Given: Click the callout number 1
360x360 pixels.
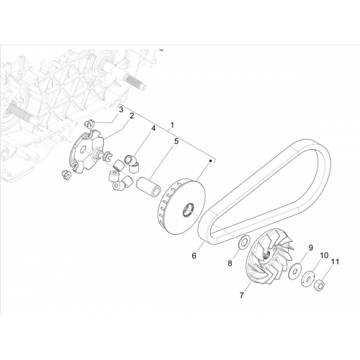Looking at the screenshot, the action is pos(172,125).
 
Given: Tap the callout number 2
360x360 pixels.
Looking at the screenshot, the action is pos(132,116).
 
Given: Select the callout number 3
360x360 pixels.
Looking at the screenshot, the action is pos(121,110).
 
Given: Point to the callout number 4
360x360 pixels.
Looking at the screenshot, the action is pos(153,128).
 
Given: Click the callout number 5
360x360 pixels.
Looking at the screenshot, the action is pos(176,141).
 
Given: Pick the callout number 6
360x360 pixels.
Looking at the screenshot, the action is pos(194,256).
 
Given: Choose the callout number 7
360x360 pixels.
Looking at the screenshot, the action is pos(242,295).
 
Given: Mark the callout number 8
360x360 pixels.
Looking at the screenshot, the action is pos(230,264).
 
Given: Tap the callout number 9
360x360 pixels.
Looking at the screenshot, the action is pos(310,248).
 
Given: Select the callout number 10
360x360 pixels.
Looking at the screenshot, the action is pos(324,256).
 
